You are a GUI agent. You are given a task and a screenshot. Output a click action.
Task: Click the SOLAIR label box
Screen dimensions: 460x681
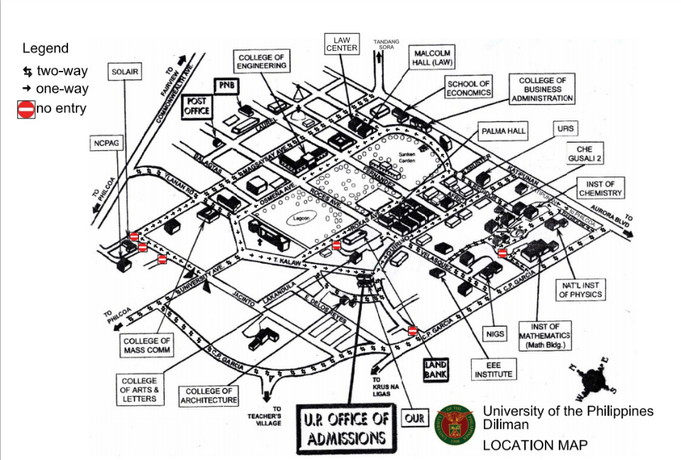pos(125,72)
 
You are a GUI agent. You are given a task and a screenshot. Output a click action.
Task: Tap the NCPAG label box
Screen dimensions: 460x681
pos(106,143)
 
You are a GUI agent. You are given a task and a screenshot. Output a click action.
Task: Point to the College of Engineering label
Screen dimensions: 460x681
pos(262,62)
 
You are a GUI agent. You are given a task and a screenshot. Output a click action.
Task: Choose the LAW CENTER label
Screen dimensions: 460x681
pos(343,44)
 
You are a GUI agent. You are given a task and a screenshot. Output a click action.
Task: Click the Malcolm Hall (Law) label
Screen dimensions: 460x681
pos(432,57)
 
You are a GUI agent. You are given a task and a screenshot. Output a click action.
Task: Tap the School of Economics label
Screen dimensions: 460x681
pos(469,89)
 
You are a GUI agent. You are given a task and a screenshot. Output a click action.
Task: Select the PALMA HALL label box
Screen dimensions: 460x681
pos(503,132)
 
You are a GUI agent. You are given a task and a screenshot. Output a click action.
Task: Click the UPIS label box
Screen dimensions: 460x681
pos(566,129)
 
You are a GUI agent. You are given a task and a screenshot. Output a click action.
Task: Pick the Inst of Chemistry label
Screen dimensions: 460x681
pos(601,189)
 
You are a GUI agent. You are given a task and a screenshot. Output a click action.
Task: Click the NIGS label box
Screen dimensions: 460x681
pos(494,333)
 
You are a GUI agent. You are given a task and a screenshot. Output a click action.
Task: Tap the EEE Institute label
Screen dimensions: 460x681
pos(492,369)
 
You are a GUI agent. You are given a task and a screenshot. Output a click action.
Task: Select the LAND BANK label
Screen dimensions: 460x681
pos(436,370)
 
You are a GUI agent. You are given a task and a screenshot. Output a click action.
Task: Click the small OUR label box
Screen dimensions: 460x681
pos(415,418)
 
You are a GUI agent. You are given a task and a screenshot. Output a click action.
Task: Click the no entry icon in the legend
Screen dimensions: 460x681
pos(26,109)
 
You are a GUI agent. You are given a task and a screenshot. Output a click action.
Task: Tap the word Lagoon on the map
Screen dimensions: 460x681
pos(299,220)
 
